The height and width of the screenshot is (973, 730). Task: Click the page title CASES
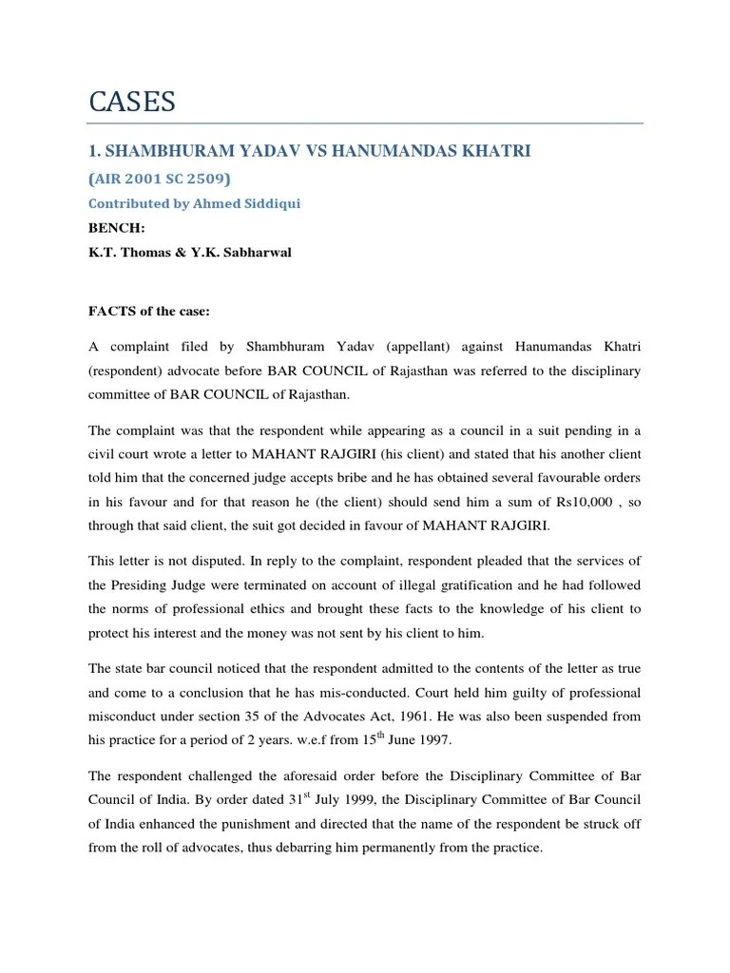pyautogui.click(x=133, y=102)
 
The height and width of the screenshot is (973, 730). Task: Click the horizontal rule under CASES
pyautogui.click(x=365, y=124)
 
